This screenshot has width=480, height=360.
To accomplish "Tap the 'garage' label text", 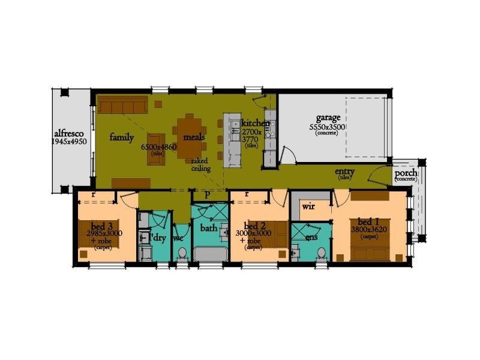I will click(328, 118).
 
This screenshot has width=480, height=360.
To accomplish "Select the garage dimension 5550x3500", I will click(327, 127).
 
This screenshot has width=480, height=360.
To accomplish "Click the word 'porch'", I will click(406, 173).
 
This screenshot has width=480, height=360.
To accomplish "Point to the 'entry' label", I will click(344, 172).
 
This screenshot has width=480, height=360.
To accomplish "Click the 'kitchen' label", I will click(255, 122).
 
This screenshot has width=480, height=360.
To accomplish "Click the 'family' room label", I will click(121, 137).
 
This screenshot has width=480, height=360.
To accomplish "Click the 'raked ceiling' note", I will click(201, 165).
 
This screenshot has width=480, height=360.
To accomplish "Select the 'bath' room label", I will click(209, 228).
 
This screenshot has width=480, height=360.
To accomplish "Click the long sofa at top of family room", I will click(123, 106).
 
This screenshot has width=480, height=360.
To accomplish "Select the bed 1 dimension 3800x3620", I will click(368, 229).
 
